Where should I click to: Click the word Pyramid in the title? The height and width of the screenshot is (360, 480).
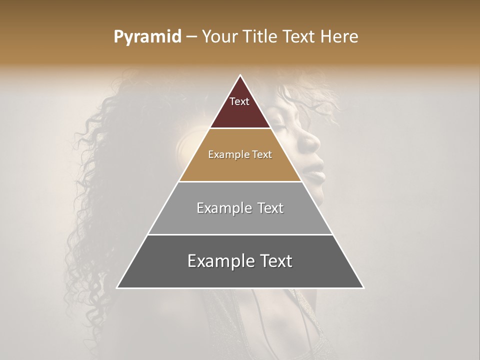point(147,37)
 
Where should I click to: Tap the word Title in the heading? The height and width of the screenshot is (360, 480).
point(260,37)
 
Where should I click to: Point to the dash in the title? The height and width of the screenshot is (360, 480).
point(191,37)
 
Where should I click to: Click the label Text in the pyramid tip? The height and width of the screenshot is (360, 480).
point(239,101)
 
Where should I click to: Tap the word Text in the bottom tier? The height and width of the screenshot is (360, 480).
point(274,261)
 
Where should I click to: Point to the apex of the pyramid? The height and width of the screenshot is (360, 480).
point(240,75)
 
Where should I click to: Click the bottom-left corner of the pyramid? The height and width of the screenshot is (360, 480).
point(117,288)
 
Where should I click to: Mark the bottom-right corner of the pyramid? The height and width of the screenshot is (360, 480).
point(363,288)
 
